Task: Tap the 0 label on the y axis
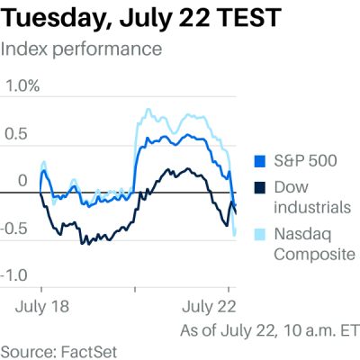(x=22, y=181)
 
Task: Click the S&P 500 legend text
(x=305, y=162)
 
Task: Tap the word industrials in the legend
(x=311, y=208)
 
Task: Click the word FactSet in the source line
(x=88, y=349)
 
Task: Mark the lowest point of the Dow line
(x=84, y=243)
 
